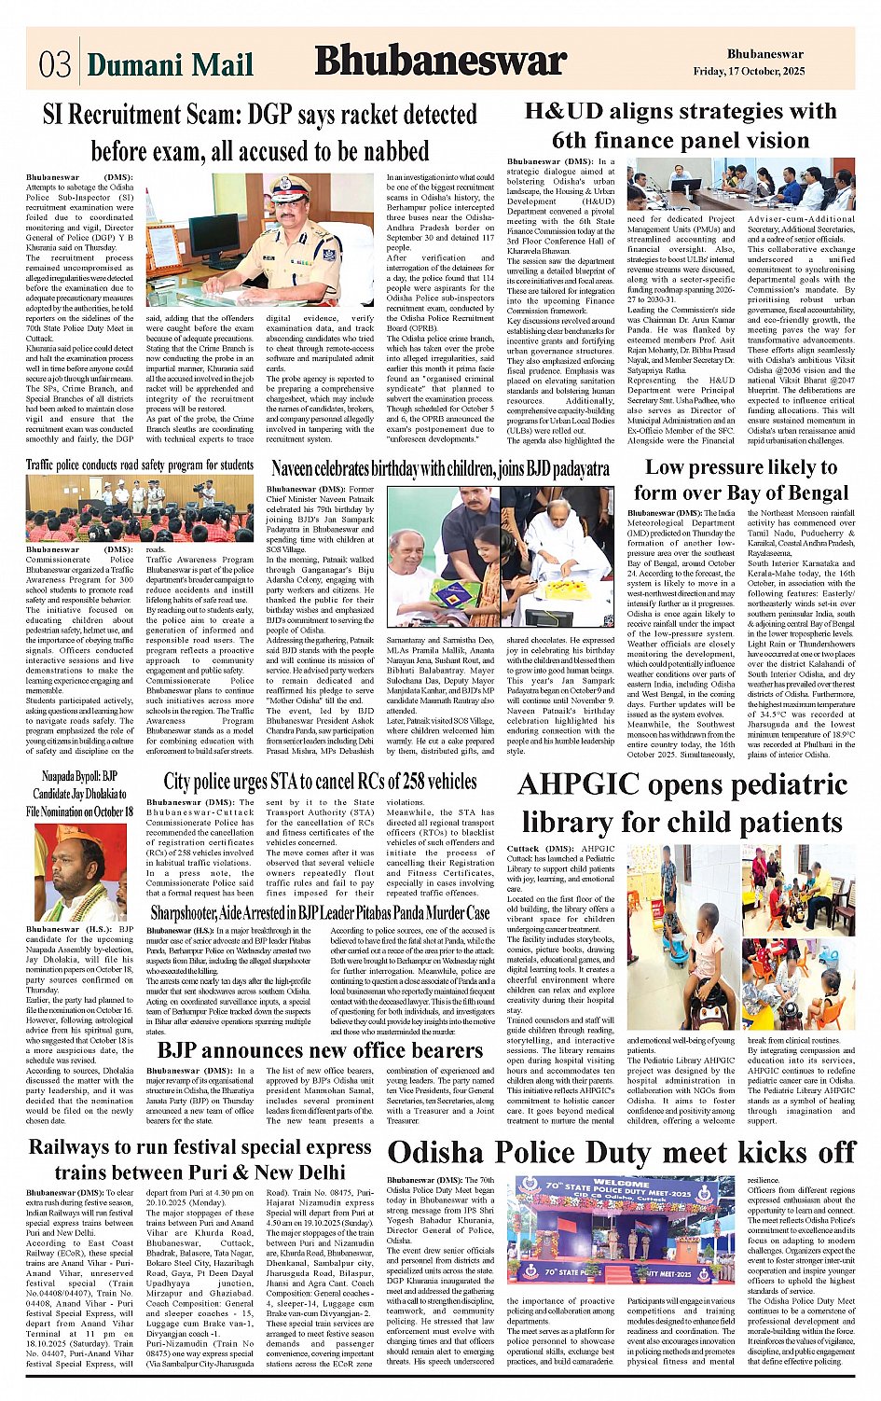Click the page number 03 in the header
(54, 64)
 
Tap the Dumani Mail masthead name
(171, 64)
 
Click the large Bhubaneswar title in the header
(440, 62)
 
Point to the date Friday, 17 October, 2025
(749, 72)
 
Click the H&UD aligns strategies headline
(680, 126)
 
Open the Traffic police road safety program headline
(139, 465)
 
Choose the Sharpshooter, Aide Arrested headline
(320, 913)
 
